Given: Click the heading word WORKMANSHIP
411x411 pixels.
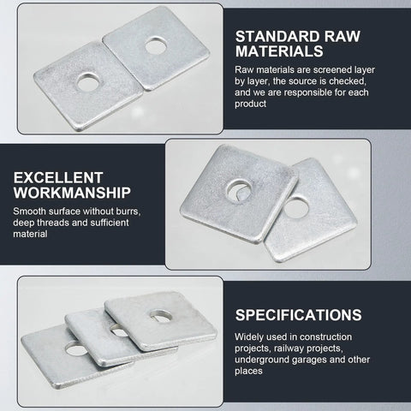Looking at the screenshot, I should pos(73,193).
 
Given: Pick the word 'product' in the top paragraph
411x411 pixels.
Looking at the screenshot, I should pos(251,104).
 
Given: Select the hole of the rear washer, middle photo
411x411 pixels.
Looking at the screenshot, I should pos(299,206).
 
